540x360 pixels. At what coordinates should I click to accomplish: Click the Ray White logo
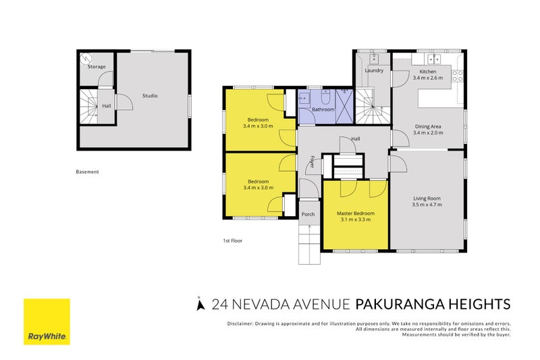tap(47, 322)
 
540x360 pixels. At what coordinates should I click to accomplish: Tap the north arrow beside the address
tap(200, 305)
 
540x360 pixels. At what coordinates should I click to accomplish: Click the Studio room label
tap(150, 96)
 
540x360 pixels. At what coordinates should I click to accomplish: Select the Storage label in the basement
tap(97, 67)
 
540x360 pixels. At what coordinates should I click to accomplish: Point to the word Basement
tap(88, 172)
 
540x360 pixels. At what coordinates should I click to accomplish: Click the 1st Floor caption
tap(233, 241)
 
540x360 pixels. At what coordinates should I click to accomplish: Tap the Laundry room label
tap(374, 71)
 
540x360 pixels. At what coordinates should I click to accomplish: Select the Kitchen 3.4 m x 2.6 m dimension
tap(428, 78)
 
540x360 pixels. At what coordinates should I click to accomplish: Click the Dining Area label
tap(428, 126)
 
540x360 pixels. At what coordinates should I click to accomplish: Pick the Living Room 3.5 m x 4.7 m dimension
tap(427, 205)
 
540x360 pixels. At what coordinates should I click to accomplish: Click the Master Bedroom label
tap(356, 213)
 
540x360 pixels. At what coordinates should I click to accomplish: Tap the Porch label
tap(308, 214)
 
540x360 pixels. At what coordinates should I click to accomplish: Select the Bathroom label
tap(323, 109)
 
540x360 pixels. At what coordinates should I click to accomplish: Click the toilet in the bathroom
tap(325, 97)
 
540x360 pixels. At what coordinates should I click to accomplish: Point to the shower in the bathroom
tap(344, 106)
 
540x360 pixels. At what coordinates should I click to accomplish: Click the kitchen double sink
tap(434, 59)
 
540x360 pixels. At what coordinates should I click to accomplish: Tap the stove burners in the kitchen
tap(458, 76)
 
